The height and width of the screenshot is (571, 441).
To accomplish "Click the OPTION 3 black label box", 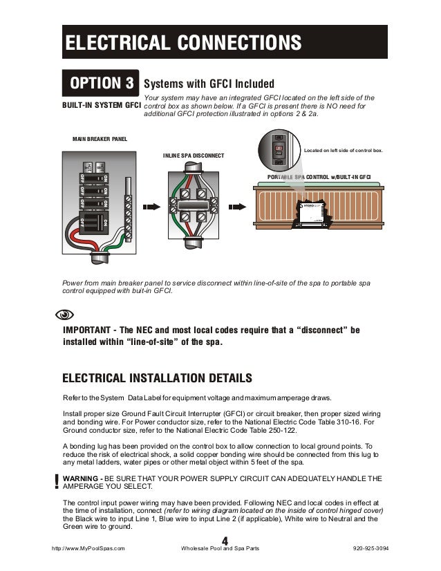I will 100,84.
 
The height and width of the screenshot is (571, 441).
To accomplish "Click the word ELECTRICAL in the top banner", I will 118,43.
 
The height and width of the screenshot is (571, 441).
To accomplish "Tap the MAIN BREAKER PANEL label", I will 100,140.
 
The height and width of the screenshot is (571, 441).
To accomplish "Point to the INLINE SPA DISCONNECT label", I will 194,156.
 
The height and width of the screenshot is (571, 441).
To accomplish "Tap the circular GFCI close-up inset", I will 279,151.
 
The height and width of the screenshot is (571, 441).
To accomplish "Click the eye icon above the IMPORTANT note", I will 63,315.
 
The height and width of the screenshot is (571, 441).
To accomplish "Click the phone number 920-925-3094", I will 370,548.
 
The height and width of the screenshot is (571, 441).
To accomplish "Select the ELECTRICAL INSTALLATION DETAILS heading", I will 157,378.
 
